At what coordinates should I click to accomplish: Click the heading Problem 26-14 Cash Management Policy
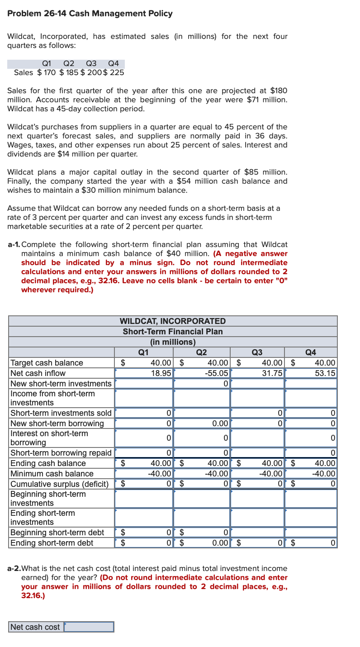(90, 14)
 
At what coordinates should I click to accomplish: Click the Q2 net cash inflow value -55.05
(218, 373)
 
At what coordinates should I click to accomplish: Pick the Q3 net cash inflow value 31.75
(272, 373)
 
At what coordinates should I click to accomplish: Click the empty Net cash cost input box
(89, 627)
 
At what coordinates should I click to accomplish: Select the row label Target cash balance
(47, 363)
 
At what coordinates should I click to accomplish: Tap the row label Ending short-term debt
(52, 543)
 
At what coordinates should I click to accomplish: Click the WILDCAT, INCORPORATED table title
(172, 321)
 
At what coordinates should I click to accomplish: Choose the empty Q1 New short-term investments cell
(144, 384)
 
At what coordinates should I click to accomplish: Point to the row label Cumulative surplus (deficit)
(59, 484)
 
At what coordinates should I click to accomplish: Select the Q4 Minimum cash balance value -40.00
(324, 474)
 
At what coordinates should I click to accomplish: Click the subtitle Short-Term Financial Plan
(173, 332)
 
